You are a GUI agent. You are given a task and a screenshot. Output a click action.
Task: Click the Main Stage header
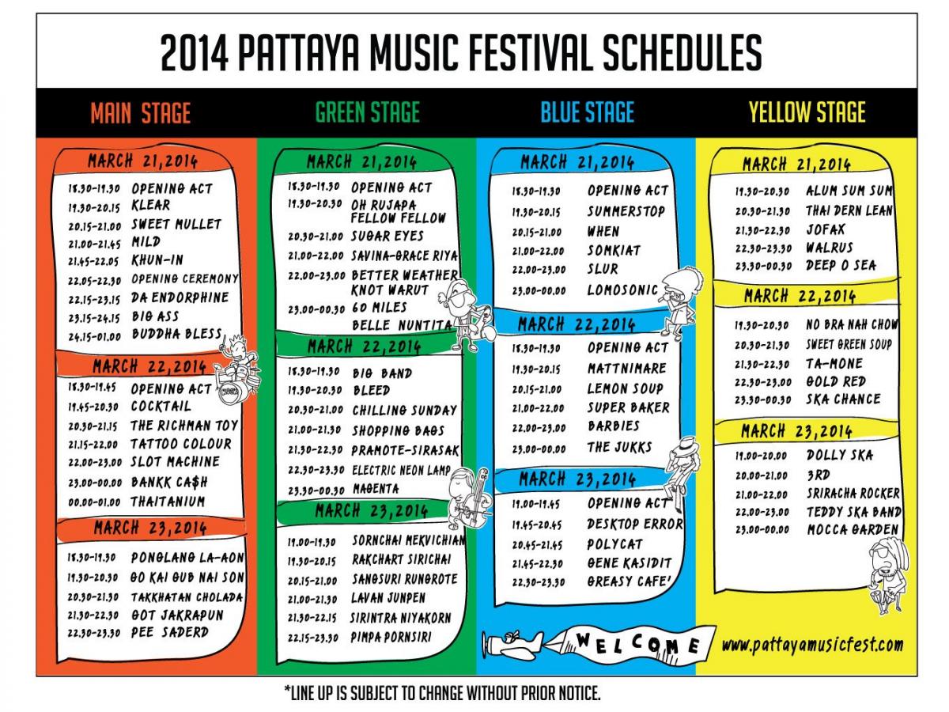(141, 113)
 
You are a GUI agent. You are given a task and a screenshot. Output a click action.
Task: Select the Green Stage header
(368, 112)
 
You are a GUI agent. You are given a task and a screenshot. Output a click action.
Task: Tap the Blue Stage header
(587, 112)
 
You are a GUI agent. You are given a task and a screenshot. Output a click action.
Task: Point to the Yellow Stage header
(807, 112)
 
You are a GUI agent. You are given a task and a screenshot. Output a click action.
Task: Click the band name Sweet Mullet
(176, 225)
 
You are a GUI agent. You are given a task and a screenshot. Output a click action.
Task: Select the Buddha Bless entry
(177, 334)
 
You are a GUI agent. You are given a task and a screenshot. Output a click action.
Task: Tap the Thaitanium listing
(168, 502)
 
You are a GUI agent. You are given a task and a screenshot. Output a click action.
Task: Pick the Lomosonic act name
(622, 290)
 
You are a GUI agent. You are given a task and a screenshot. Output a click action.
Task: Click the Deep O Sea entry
(841, 265)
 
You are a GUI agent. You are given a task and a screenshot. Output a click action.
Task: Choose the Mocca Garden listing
(853, 529)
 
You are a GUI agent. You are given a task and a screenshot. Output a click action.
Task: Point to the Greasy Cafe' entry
(629, 581)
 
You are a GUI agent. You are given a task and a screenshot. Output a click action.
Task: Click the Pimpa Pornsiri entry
(391, 637)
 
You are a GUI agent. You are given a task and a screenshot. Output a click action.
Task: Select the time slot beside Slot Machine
(95, 463)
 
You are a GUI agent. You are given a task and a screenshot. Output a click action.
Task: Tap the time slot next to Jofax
(762, 230)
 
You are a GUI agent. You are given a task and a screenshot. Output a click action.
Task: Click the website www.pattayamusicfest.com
(812, 646)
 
